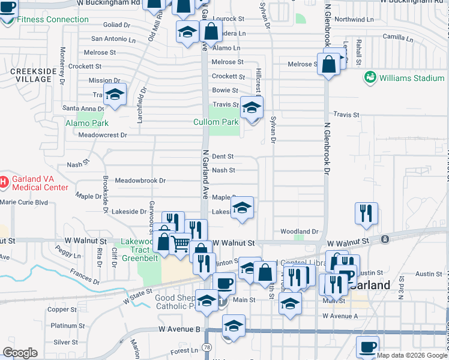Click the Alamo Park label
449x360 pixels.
[87, 123]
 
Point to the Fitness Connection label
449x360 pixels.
[53, 19]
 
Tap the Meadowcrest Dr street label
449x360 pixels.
[103, 135]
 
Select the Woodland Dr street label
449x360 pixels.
[299, 231]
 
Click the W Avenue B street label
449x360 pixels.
[179, 329]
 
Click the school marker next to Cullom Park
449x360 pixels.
[252, 108]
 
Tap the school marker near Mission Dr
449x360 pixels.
[115, 95]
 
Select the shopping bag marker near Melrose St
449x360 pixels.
[328, 64]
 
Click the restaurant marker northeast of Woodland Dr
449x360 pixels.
[366, 213]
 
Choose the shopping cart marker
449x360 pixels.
[181, 244]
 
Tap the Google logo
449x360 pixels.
[20, 352]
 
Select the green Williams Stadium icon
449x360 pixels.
[370, 78]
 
